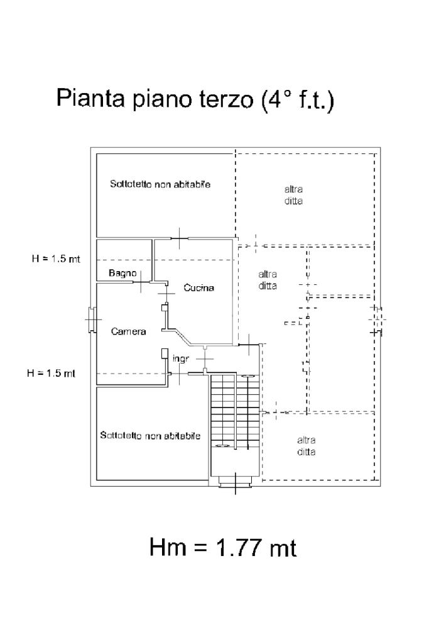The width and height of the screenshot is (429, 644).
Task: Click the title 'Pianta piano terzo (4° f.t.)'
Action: point(195,100)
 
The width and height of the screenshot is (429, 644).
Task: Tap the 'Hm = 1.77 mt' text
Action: point(223,547)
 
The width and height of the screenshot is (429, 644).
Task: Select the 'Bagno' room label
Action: point(122,273)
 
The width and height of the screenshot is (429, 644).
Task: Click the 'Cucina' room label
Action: point(198,288)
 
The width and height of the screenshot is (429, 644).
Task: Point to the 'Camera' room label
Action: point(129,331)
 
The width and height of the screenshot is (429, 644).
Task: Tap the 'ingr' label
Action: point(181,360)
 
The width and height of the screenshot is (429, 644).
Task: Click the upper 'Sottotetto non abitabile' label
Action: point(160,185)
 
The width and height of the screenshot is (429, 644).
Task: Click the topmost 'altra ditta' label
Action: point(293,196)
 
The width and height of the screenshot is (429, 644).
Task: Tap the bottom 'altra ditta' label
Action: point(306,446)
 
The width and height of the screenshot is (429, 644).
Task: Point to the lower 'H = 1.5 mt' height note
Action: point(51,373)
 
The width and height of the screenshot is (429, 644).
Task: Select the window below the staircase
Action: point(235,481)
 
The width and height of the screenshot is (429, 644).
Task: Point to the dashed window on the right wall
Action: point(376,319)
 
